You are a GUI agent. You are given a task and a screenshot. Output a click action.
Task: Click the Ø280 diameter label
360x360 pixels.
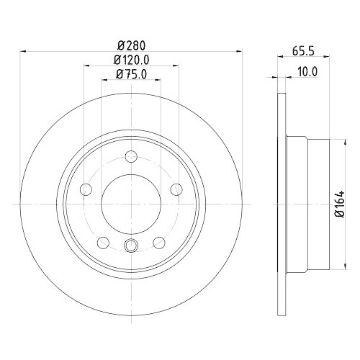132,45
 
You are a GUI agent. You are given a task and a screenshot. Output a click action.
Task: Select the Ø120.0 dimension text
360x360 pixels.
132,60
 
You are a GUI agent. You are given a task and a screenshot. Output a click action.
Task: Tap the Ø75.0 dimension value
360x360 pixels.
131,74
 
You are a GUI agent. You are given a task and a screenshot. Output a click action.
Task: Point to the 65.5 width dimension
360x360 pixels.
303,51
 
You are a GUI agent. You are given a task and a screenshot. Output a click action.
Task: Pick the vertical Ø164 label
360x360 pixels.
340,204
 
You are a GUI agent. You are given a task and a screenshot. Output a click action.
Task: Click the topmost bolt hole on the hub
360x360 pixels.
131,157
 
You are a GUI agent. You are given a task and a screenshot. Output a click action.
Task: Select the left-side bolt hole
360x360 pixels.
86,189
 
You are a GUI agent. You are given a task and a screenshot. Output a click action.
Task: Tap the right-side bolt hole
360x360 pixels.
176,189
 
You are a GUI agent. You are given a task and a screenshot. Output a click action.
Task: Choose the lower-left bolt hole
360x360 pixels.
104,243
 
